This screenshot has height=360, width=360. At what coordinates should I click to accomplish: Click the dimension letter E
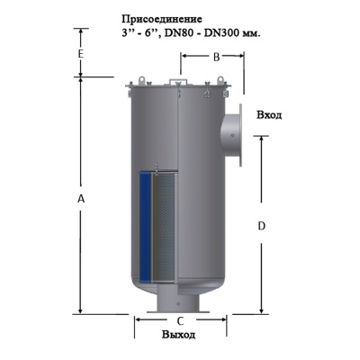click(x=80, y=55)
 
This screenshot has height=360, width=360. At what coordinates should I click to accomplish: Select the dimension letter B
click(x=215, y=57)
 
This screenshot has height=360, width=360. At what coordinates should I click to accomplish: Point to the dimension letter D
click(x=261, y=227)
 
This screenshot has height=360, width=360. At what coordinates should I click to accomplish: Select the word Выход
click(x=178, y=335)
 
